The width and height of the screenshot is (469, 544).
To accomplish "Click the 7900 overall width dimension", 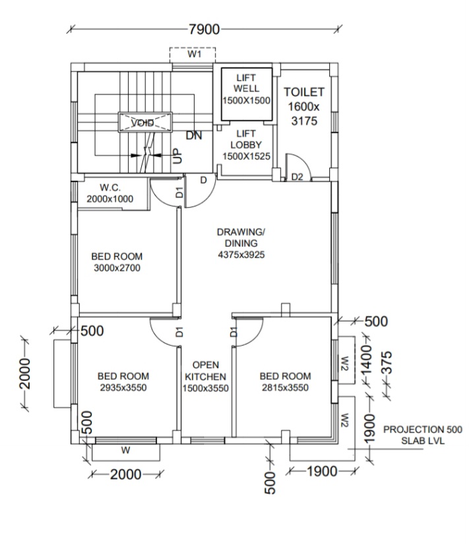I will (204, 29).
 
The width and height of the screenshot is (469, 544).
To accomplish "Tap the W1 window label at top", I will (194, 55).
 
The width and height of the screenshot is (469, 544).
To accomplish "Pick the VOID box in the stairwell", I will (144, 123).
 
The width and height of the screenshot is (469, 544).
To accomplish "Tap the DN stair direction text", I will (193, 136).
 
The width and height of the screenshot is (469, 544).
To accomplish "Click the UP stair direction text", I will (176, 156).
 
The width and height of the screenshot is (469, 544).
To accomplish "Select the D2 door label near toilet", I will (297, 177).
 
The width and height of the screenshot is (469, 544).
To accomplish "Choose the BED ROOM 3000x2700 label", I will (116, 262).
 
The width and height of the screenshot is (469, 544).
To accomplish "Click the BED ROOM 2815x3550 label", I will (285, 382).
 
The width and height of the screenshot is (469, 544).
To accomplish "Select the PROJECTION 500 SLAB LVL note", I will (423, 434).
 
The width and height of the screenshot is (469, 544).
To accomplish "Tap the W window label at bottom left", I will (125, 452).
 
